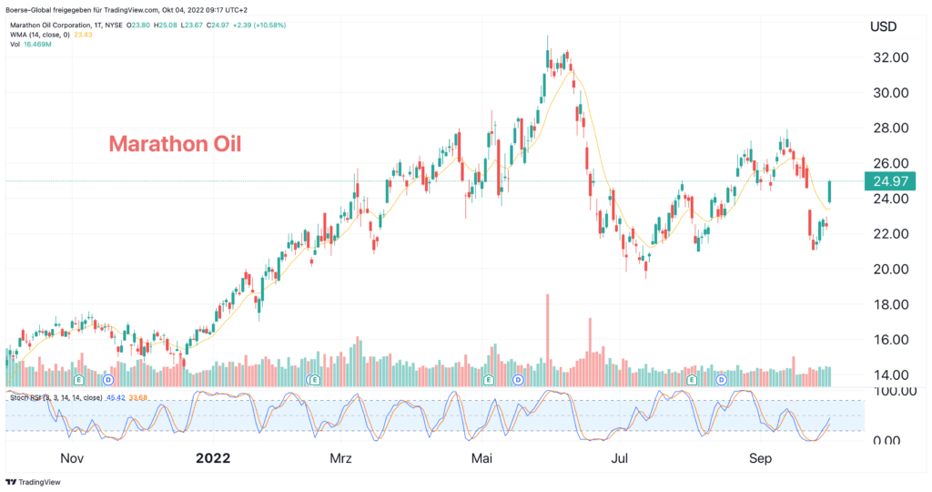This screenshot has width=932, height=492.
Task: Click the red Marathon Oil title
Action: click(x=175, y=144)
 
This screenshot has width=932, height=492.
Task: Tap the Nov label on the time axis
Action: click(x=71, y=457)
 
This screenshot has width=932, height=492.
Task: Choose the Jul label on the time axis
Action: click(x=621, y=457)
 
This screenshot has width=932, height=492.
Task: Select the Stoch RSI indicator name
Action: click(x=25, y=397)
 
